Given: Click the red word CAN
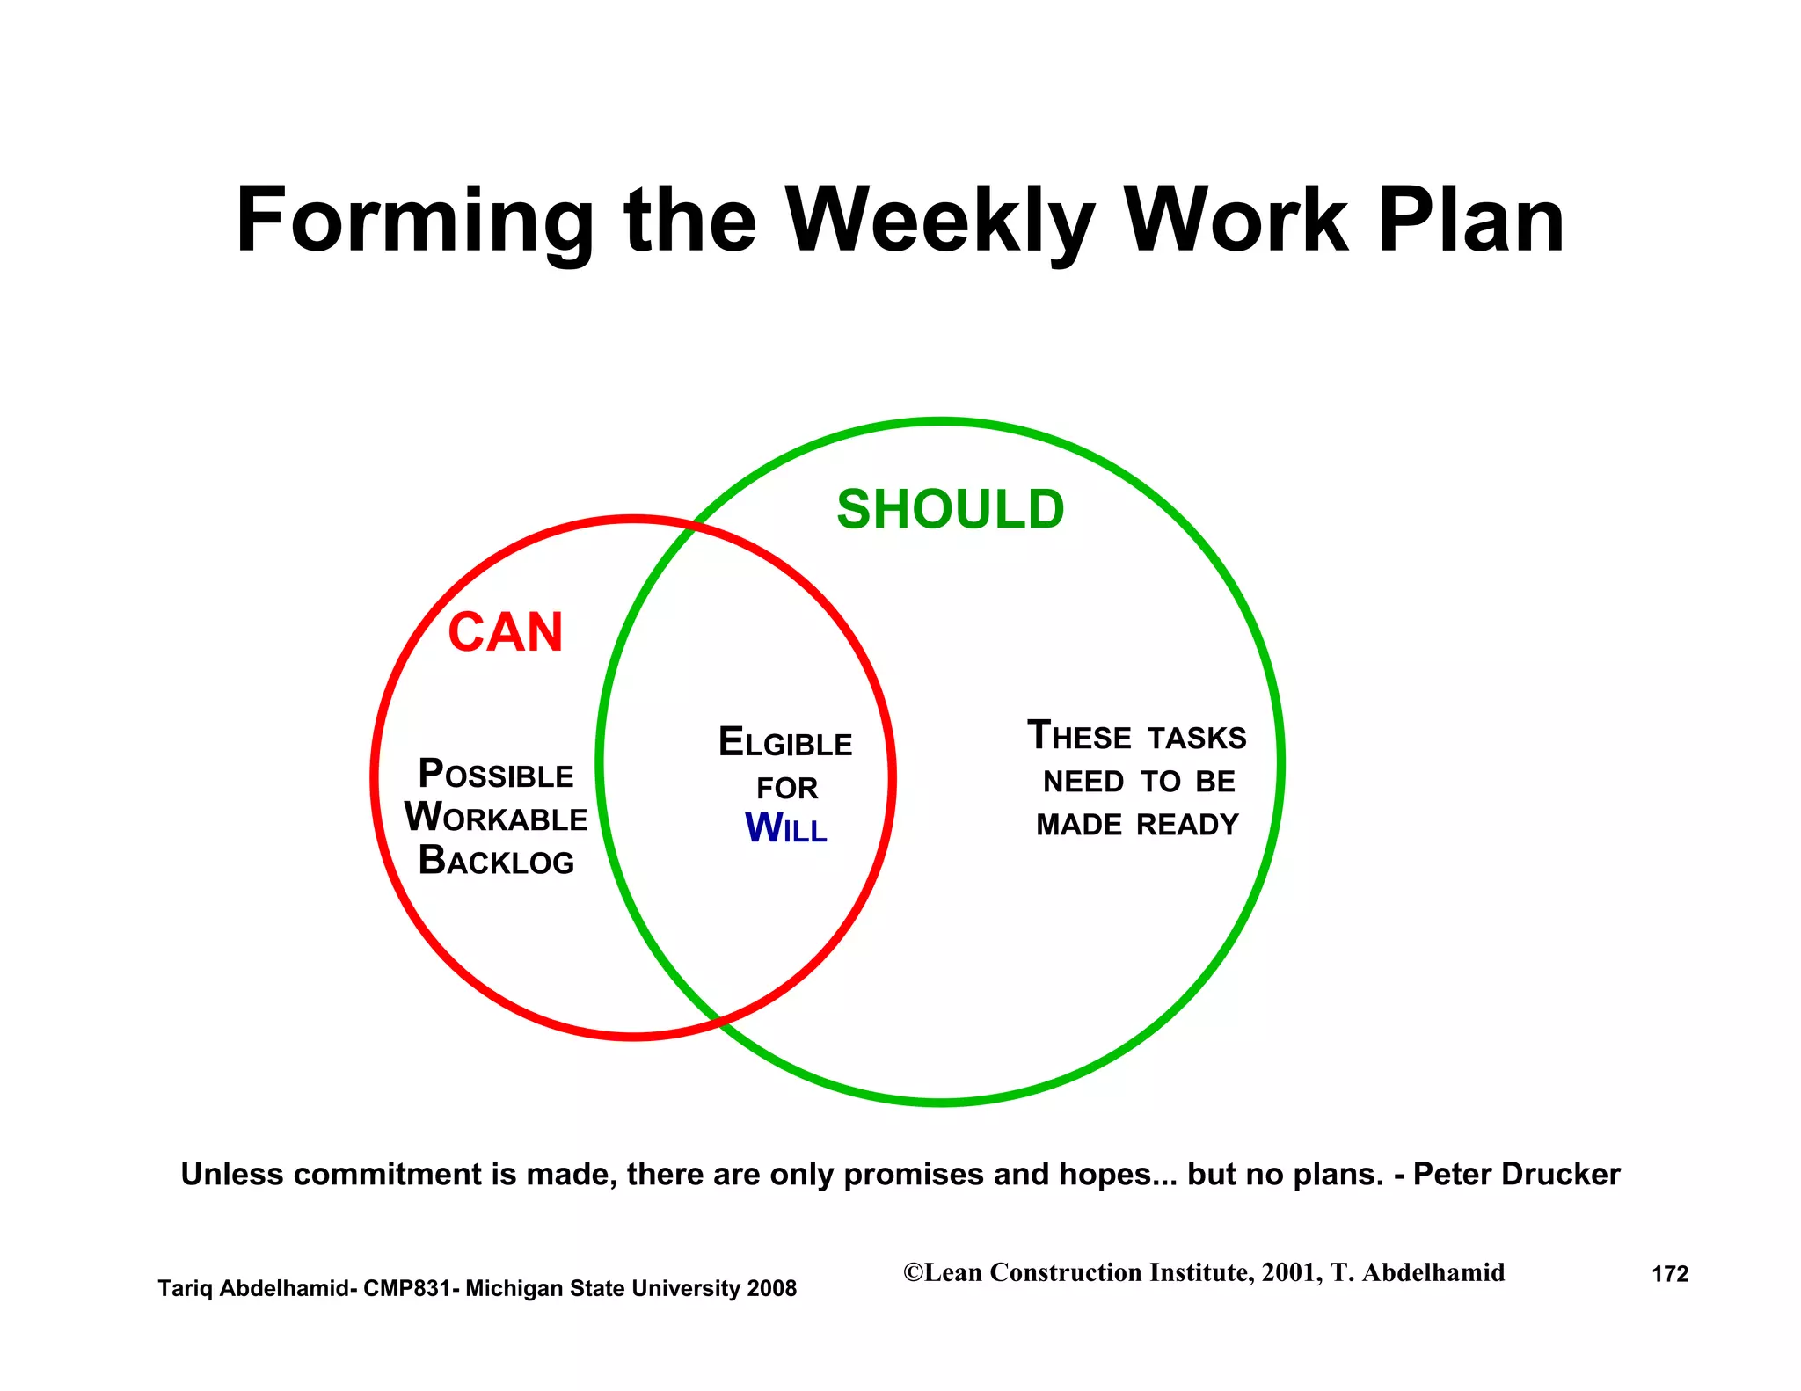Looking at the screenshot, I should (x=506, y=632).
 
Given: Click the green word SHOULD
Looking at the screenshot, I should (x=950, y=510).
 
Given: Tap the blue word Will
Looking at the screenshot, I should (x=785, y=828).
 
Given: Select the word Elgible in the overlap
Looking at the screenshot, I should (x=785, y=743).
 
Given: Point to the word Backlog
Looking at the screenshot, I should (x=496, y=861).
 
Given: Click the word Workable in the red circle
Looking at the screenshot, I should (x=496, y=818).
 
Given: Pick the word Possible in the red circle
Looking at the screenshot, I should (x=496, y=775).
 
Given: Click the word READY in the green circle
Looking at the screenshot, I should (x=1187, y=825).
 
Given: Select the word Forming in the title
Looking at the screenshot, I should (x=414, y=222).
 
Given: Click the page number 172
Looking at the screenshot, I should (x=1670, y=1274).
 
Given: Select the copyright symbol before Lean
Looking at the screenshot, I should (x=914, y=1272).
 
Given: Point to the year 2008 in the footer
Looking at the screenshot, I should (x=771, y=1288).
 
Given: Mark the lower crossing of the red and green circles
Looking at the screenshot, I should (x=718, y=1022).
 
